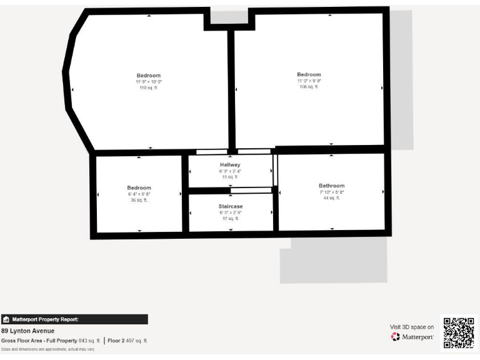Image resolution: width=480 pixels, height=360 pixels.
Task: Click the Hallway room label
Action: pyautogui.click(x=230, y=165)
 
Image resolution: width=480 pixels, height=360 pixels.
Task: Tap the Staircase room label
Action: pyautogui.click(x=230, y=206)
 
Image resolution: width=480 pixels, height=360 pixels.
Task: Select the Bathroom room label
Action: pyautogui.click(x=331, y=186)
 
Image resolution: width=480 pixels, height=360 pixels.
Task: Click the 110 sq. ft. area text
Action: pyautogui.click(x=149, y=87)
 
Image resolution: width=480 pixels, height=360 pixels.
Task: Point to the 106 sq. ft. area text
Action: pyautogui.click(x=309, y=87)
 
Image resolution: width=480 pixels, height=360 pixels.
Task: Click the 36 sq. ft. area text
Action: pyautogui.click(x=139, y=200)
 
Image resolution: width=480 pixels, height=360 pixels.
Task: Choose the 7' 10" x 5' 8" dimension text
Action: pyautogui.click(x=331, y=192)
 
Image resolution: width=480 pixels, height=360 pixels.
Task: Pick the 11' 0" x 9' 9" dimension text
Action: pyautogui.click(x=309, y=81)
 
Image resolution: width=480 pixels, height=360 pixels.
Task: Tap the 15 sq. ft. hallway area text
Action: pyautogui.click(x=230, y=177)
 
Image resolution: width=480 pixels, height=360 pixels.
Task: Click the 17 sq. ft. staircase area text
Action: pyautogui.click(x=230, y=218)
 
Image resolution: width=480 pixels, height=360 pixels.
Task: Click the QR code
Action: pyautogui.click(x=459, y=332)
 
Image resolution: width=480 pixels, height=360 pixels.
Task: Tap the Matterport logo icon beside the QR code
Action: pyautogui.click(x=395, y=337)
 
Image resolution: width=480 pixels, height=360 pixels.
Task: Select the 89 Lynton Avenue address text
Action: pyautogui.click(x=27, y=331)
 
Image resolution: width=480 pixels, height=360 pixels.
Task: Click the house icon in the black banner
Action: pyautogui.click(x=6, y=319)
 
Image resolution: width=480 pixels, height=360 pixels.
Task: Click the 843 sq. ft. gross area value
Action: pyautogui.click(x=89, y=341)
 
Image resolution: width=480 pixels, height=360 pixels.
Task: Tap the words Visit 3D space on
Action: pyautogui.click(x=411, y=327)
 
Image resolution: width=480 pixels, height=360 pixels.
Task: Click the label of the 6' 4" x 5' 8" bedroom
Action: pyautogui.click(x=139, y=188)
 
